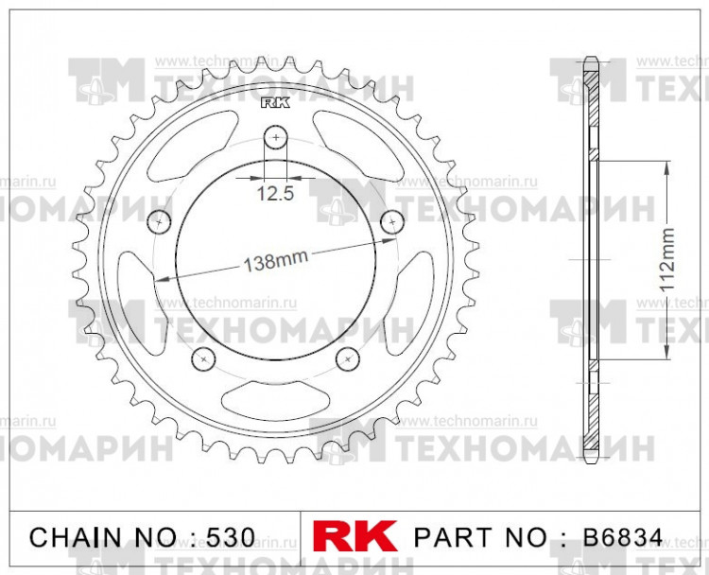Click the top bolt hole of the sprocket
coord(275,138)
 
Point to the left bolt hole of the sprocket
coord(158,221)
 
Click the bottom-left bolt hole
coord(201,357)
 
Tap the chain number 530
coord(232,537)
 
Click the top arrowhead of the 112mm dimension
coord(668,166)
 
